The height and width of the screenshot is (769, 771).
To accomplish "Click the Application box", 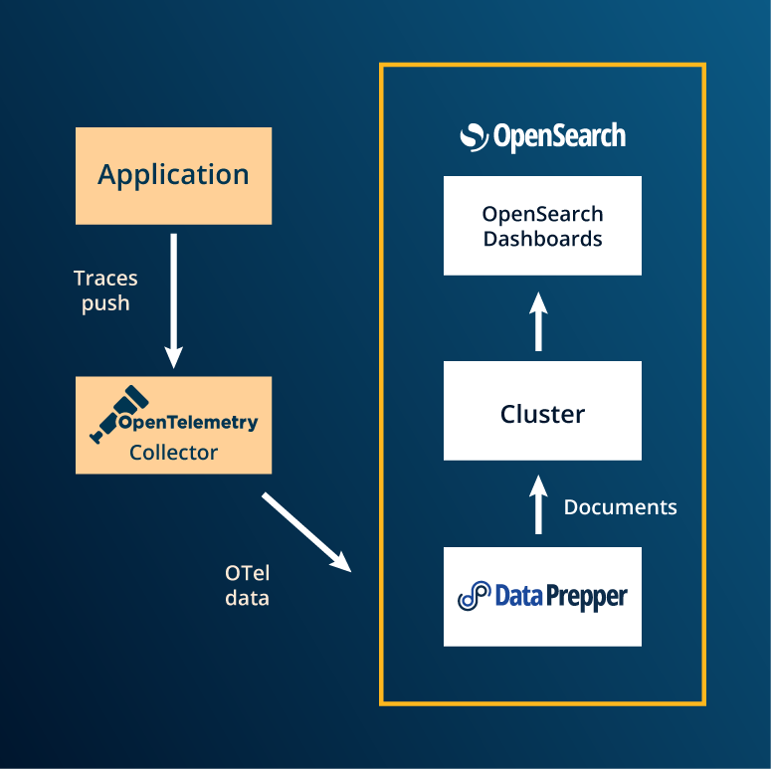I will [173, 175].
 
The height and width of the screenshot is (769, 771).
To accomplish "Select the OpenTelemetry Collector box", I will [173, 425].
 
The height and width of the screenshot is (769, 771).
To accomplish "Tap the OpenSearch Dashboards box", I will [542, 226].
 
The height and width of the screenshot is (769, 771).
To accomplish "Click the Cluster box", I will [542, 411].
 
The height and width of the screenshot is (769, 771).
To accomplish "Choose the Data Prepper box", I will [542, 597].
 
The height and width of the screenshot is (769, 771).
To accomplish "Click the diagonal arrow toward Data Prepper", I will [307, 532].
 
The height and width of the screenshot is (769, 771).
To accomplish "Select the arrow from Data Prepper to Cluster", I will [538, 503].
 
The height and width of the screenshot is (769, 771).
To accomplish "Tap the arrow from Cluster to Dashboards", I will [538, 320].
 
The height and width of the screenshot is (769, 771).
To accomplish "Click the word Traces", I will [105, 279].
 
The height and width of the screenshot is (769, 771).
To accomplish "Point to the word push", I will [105, 303].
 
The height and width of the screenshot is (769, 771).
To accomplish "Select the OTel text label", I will [247, 573].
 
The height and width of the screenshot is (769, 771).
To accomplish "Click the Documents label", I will [620, 507].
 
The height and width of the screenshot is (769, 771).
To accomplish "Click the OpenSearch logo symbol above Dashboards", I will [475, 137].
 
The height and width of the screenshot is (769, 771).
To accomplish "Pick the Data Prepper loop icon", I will [475, 597].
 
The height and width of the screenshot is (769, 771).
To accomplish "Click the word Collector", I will [173, 453].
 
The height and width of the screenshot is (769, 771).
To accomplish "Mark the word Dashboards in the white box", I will [542, 239].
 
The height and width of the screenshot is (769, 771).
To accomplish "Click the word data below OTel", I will [247, 599].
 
